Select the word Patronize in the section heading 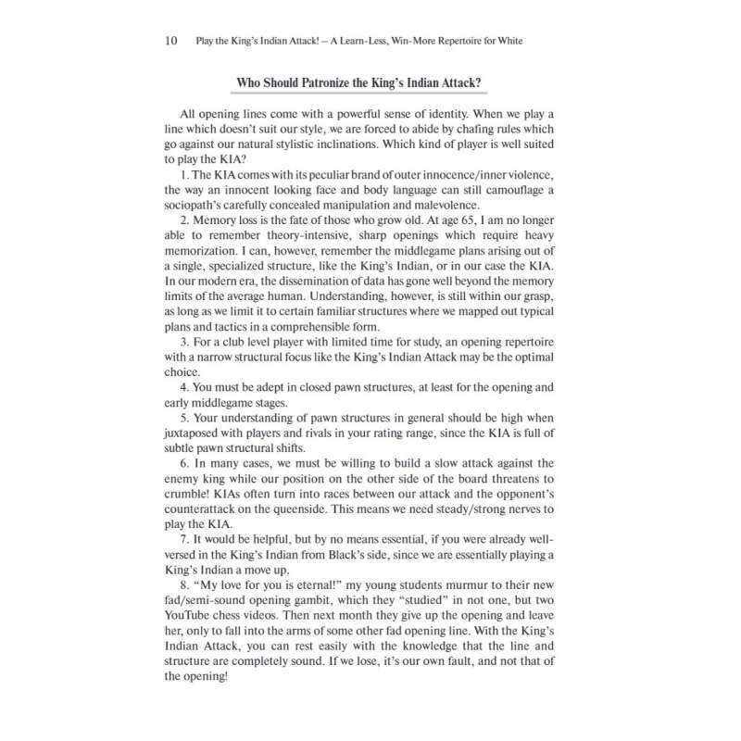click(x=336, y=83)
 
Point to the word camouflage click(x=508, y=191)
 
